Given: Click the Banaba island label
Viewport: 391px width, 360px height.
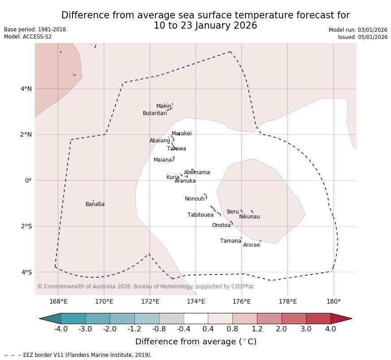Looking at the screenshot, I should click(95, 205).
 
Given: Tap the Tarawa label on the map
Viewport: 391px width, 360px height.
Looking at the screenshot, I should click(176, 149).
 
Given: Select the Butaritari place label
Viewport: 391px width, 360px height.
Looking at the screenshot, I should click(155, 114).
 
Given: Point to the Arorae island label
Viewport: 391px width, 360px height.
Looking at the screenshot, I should click(251, 245).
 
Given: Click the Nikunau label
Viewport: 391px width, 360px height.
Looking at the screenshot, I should click(249, 217).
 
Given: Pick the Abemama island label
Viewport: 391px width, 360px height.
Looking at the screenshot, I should click(197, 173).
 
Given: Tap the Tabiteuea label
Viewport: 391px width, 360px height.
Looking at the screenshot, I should click(201, 215).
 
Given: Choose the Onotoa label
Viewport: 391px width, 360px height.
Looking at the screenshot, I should click(221, 226).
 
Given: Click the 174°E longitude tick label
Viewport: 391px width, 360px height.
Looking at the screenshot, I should click(196, 302).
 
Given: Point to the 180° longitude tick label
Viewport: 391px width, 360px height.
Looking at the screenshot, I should click(333, 302).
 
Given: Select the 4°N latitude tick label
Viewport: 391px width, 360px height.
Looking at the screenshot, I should click(26, 89).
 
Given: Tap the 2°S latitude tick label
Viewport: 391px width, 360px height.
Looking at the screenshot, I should click(26, 227).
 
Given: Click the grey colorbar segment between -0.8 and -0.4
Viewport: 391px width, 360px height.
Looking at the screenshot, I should click(171, 319).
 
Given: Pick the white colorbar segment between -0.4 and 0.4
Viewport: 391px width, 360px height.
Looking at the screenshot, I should click(196, 319).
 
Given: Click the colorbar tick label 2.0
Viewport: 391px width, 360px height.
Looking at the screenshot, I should click(282, 330).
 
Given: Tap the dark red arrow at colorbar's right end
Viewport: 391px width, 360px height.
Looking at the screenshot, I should click(341, 319).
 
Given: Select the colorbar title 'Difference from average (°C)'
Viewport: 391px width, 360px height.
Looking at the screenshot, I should click(196, 342).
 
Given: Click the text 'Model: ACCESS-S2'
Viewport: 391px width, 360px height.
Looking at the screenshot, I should click(28, 37).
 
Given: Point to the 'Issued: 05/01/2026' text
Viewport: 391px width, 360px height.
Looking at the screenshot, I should click(363, 38).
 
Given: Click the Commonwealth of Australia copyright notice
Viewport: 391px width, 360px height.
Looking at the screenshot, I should click(146, 287).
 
